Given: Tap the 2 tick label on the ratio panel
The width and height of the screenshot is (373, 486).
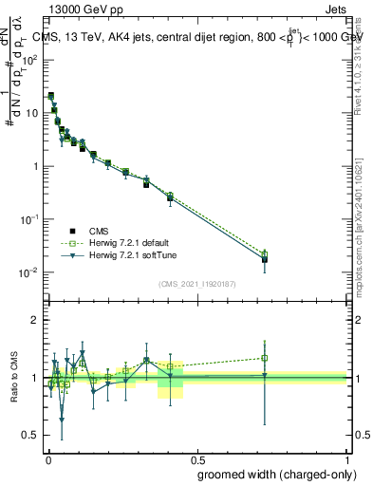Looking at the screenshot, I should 35,320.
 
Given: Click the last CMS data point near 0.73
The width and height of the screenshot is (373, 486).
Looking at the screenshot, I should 265,259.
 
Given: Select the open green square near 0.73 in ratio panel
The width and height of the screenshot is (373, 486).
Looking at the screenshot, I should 265,358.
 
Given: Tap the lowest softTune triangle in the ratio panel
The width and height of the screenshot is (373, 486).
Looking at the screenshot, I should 62,419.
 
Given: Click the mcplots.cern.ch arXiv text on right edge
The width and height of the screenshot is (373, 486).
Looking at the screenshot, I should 364,218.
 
